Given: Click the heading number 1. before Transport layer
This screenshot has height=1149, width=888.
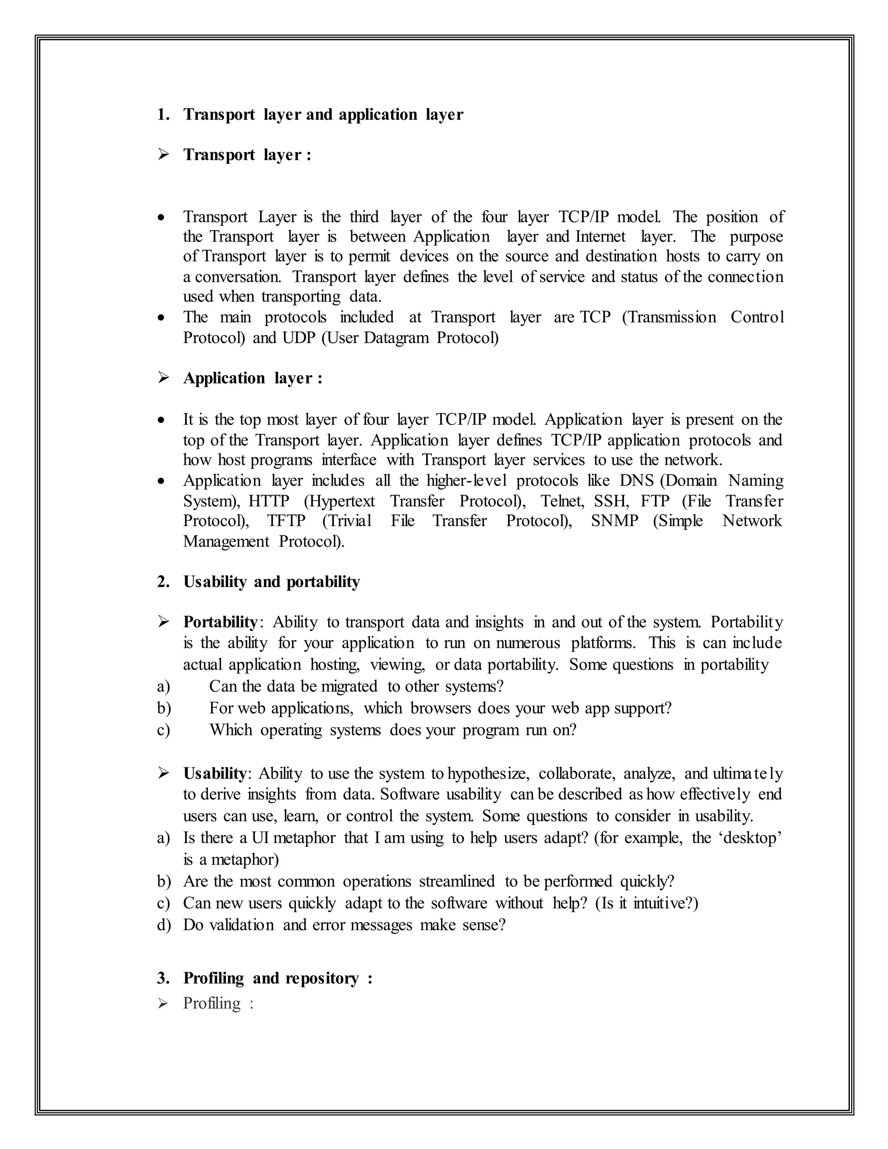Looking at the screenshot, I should (x=163, y=115).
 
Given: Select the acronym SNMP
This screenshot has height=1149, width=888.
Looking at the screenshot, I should (x=614, y=521).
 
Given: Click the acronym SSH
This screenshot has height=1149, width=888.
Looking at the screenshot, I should (x=611, y=501).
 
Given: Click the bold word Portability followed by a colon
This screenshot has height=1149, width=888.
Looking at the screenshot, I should (x=220, y=622).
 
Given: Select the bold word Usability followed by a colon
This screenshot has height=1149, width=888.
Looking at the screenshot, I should (x=214, y=774).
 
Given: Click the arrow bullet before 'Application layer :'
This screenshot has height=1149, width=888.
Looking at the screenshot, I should (x=163, y=378).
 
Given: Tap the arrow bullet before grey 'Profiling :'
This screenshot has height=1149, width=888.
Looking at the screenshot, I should (x=163, y=1003).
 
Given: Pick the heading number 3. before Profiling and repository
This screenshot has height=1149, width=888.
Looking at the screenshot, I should (x=163, y=979).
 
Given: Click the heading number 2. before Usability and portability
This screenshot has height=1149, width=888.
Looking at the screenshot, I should (x=163, y=582).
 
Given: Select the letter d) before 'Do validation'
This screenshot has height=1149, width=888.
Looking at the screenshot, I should (x=163, y=925).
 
